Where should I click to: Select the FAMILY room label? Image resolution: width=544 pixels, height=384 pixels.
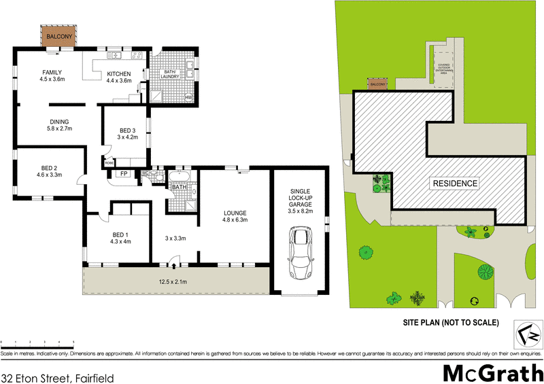[52, 72]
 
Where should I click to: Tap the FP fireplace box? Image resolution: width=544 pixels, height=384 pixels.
[124, 174]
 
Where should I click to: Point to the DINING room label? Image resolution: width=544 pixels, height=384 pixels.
[58, 123]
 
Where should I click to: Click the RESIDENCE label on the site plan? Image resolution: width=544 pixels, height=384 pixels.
[455, 184]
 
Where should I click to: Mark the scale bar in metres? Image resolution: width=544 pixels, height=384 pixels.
[37, 344]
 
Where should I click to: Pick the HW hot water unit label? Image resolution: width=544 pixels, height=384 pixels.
[189, 98]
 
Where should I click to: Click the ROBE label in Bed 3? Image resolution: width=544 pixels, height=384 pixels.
[109, 162]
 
